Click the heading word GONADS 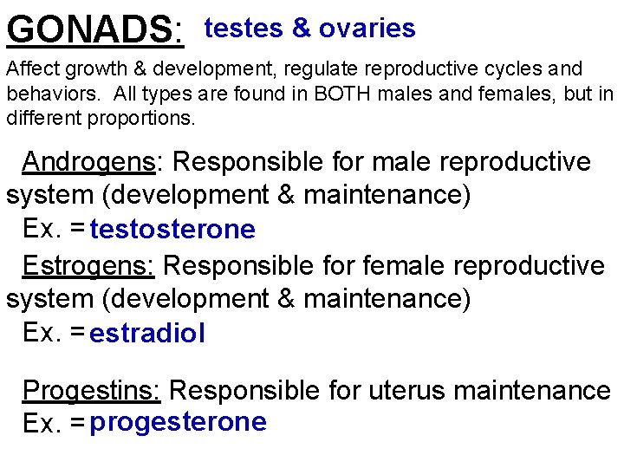point(91,30)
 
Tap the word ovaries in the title point(367,29)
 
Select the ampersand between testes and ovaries point(302,29)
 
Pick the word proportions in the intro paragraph point(142,117)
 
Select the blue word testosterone point(172,230)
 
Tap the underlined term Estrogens point(88,265)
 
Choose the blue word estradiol point(147,334)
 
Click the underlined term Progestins point(91,391)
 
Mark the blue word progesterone point(178,422)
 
